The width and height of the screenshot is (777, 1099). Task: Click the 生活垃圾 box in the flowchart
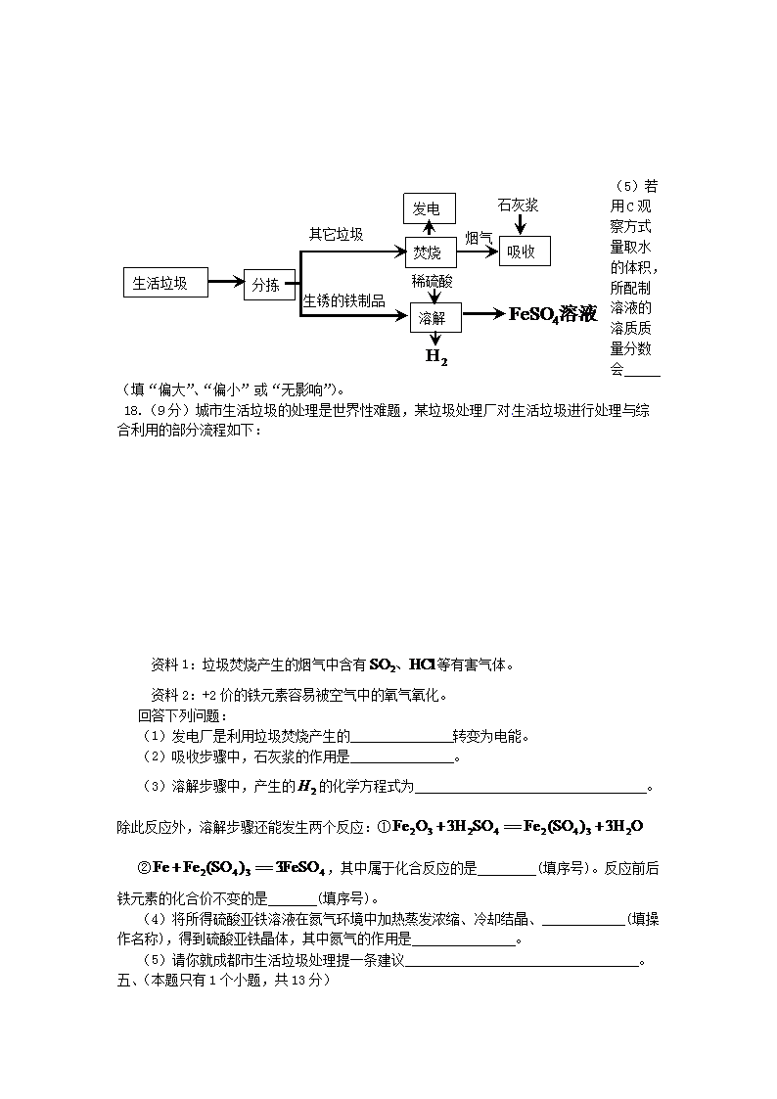167,284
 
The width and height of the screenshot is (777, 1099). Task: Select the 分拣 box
265,285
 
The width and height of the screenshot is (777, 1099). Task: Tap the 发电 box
429,208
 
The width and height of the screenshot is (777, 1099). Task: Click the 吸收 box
525,252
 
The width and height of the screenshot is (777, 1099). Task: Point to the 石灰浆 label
518,206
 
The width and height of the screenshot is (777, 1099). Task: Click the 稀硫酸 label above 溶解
432,281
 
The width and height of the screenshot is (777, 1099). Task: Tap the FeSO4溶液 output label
553,314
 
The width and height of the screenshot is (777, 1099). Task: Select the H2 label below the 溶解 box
436,357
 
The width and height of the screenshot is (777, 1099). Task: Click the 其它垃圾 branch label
336,234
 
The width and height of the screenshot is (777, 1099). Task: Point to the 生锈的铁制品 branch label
343,300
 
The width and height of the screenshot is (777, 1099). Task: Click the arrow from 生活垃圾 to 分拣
226,284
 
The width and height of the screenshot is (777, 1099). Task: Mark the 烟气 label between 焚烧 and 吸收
479,238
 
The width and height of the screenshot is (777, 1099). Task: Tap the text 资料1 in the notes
173,665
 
